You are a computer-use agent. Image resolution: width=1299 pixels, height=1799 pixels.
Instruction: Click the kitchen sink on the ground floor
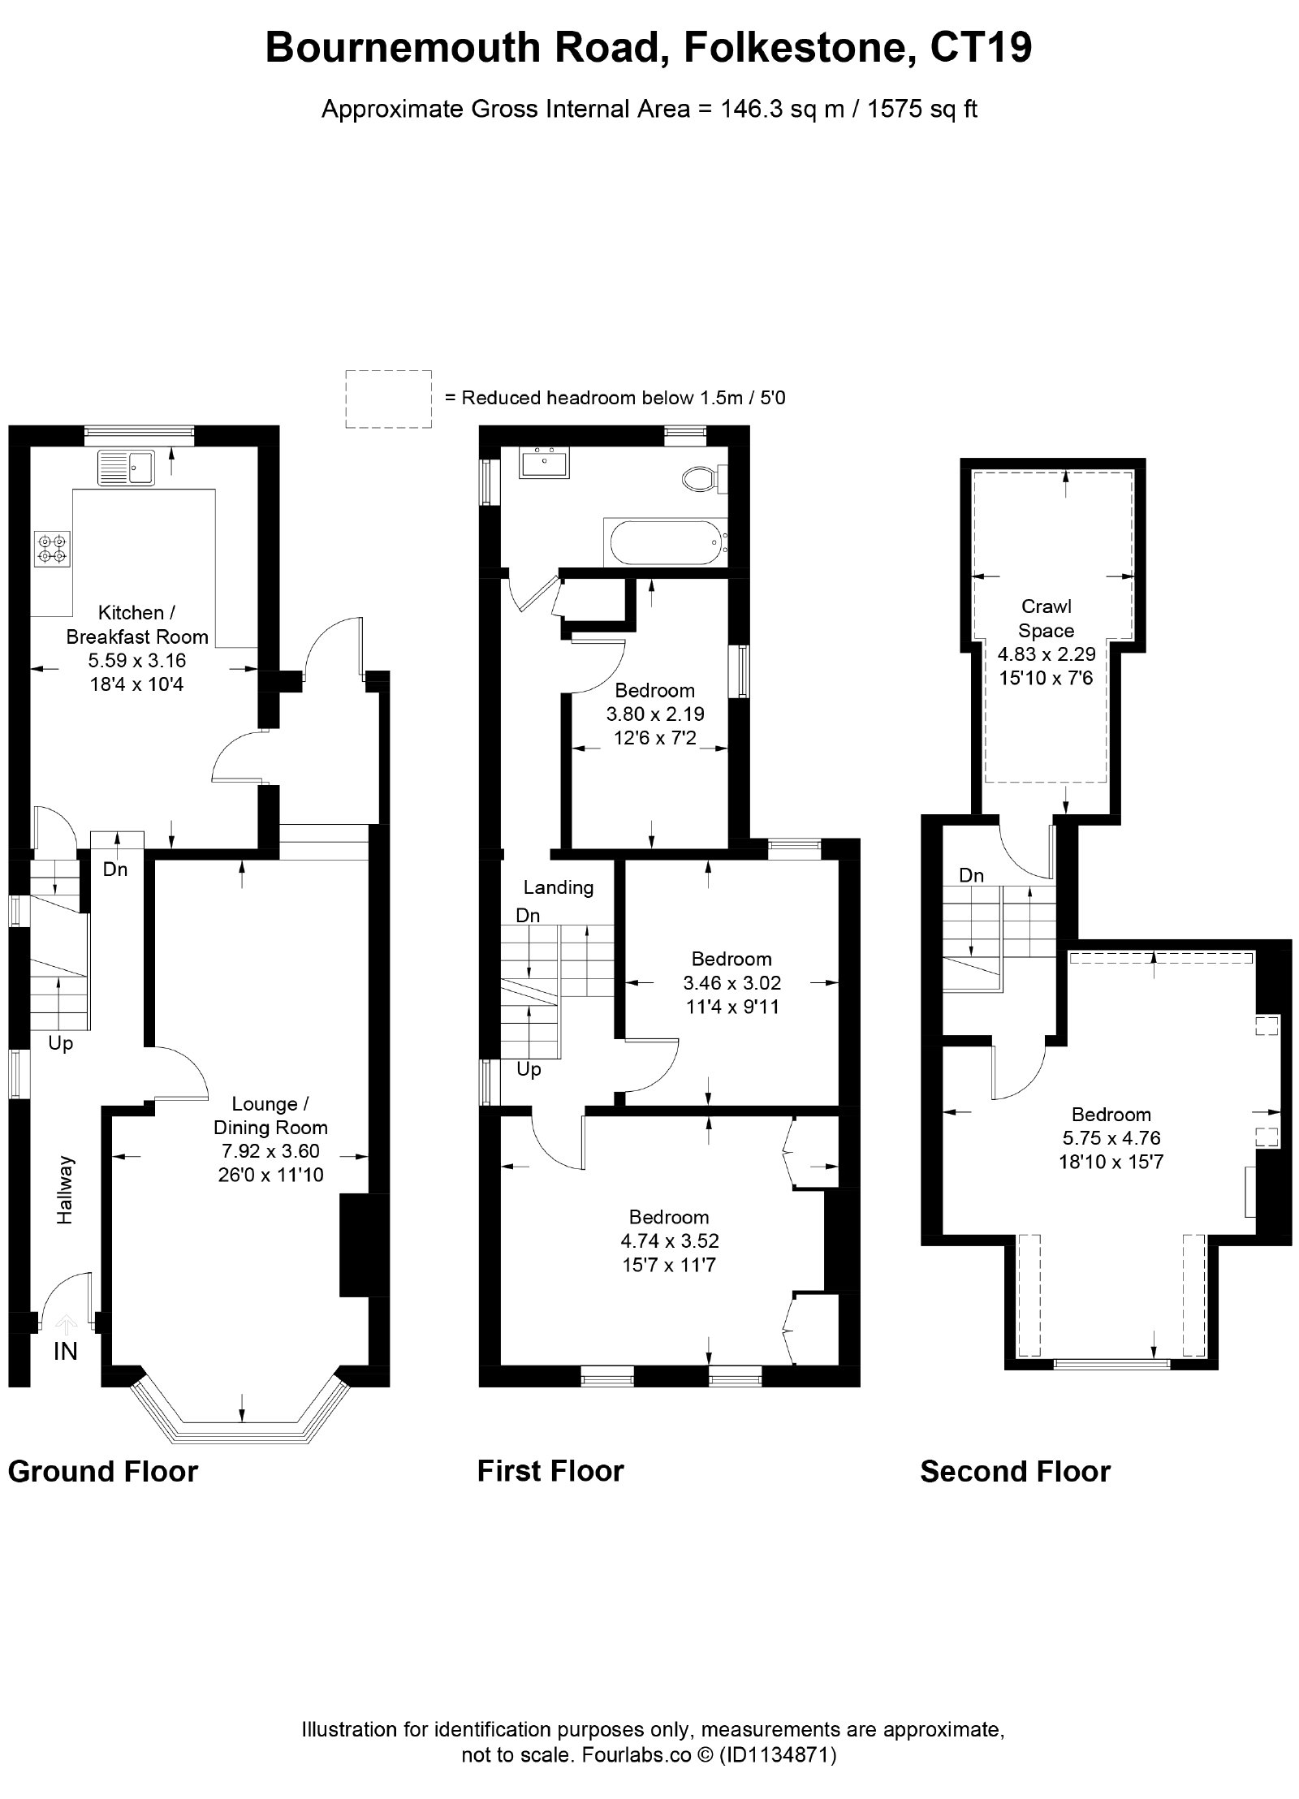click(x=126, y=468)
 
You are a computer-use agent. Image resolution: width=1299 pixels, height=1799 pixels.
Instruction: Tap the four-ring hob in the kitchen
click(x=53, y=548)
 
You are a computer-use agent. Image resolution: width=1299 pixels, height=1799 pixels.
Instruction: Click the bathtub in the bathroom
click(x=664, y=542)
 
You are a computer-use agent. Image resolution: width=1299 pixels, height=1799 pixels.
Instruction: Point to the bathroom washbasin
click(x=545, y=462)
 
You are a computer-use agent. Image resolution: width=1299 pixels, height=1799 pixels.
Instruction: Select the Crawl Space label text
click(x=1047, y=619)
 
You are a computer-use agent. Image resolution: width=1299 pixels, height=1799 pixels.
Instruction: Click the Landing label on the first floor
click(x=558, y=887)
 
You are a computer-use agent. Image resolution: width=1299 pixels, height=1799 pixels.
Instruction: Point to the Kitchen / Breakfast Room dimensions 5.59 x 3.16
click(x=137, y=661)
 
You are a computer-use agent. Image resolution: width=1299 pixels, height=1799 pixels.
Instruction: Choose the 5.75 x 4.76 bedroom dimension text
click(x=1111, y=1137)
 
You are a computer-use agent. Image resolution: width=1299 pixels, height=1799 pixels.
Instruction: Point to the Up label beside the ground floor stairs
click(x=60, y=1044)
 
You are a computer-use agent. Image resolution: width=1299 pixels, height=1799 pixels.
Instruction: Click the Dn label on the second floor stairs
click(x=971, y=875)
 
